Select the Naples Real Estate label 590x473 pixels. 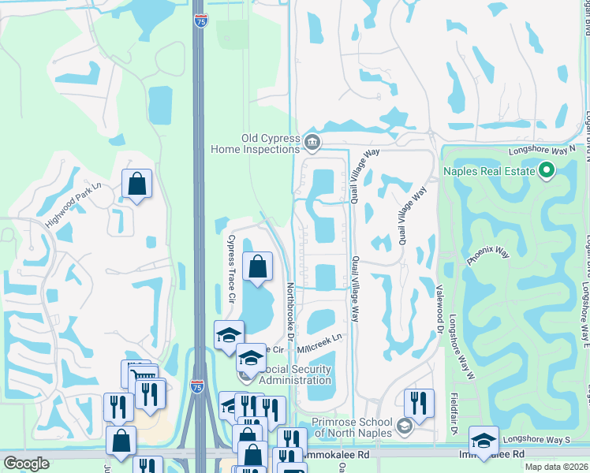488,171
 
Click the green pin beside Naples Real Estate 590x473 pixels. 546,171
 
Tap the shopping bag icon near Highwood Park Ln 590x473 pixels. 137,184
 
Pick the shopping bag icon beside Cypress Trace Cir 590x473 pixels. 258,268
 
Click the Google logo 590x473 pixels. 26,464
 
